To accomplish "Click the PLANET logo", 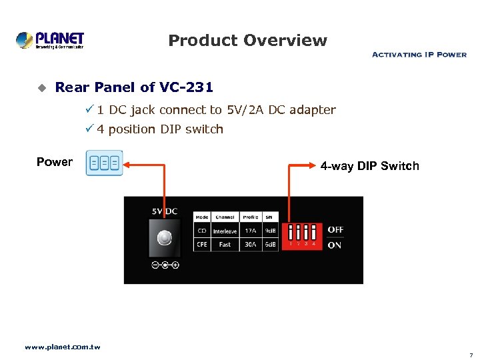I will click(50, 40).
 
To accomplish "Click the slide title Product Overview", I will click(247, 41).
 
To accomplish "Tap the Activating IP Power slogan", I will click(419, 55).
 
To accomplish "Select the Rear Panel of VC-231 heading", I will click(134, 87).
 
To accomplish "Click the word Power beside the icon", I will click(55, 162).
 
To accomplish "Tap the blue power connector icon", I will click(105, 163).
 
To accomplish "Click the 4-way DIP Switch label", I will click(370, 166).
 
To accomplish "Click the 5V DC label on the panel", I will click(164, 211).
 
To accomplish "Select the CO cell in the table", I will click(202, 231).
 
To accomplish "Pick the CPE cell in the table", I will click(202, 245).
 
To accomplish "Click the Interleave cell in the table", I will click(225, 231).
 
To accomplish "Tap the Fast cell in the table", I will click(225, 245).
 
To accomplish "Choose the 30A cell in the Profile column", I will click(250, 245).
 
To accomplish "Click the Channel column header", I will click(225, 217).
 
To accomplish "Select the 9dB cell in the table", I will click(270, 231).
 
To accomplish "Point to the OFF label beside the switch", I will click(335, 229).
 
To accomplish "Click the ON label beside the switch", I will click(334, 245).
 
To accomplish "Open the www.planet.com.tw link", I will click(62, 347).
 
